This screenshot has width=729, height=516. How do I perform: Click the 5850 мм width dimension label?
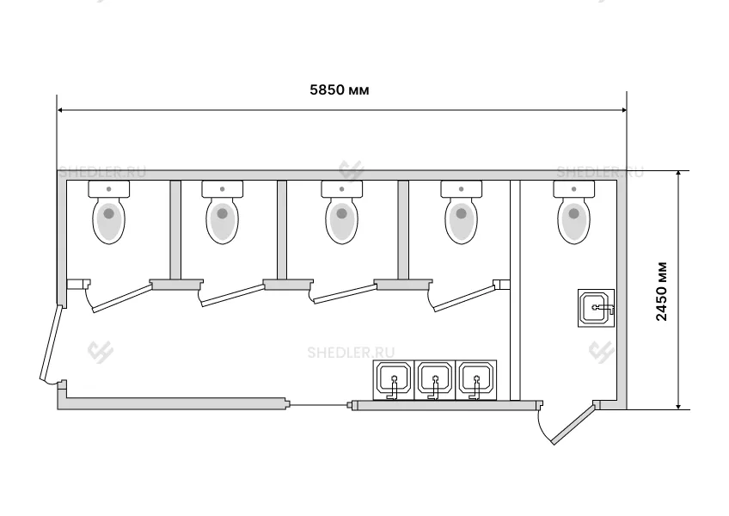click(x=340, y=89)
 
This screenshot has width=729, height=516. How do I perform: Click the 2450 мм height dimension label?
click(x=661, y=289)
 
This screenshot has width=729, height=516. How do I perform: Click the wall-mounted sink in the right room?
click(x=597, y=307)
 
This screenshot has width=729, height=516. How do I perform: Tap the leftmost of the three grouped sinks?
click(x=394, y=380)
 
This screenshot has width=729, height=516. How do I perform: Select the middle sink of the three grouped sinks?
click(x=435, y=380)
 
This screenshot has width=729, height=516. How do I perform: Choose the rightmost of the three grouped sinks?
click(x=475, y=380)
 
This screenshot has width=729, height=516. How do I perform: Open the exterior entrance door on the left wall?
click(x=52, y=344)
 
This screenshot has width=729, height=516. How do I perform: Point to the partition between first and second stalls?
click(x=174, y=230)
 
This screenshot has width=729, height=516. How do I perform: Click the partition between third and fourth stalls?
click(x=401, y=230)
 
